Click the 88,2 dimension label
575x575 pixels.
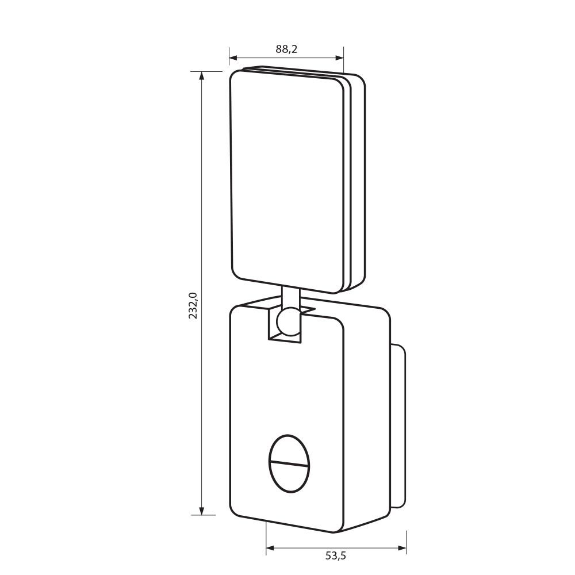[x=286, y=49]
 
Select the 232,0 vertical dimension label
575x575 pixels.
[x=193, y=305]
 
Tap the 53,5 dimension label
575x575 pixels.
[x=336, y=566]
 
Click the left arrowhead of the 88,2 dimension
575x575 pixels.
[x=233, y=57]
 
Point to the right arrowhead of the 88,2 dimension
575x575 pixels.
[x=339, y=57]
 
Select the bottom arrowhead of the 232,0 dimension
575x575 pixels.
[x=201, y=511]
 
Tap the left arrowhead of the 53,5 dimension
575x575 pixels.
[x=270, y=548]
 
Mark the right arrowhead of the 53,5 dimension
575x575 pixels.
[x=402, y=548]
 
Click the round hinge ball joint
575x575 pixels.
[x=288, y=322]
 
